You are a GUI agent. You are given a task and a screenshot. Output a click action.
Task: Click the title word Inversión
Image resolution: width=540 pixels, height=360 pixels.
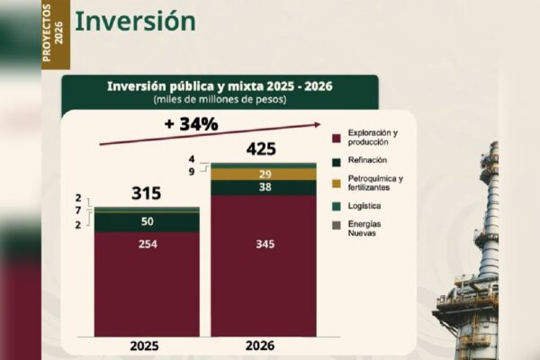[x=134, y=21]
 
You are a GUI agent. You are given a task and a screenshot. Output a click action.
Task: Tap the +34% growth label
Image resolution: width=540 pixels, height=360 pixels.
[x=191, y=124]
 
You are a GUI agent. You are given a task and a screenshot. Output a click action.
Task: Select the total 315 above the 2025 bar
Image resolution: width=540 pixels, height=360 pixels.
[x=146, y=193]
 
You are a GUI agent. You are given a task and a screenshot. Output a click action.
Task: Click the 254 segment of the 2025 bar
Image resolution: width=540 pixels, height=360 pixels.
[x=146, y=245]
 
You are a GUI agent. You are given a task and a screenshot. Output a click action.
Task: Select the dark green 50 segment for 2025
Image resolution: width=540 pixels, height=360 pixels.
[x=146, y=221]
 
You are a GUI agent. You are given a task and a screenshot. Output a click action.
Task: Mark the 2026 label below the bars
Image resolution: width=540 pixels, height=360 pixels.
[x=260, y=345]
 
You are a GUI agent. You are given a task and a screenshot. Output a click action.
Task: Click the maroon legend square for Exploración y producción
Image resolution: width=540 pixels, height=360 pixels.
[x=336, y=138]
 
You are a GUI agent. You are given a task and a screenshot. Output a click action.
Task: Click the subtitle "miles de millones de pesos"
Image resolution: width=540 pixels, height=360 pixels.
[x=220, y=99]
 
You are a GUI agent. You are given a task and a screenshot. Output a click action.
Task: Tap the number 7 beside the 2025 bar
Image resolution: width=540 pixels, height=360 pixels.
[x=78, y=210]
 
